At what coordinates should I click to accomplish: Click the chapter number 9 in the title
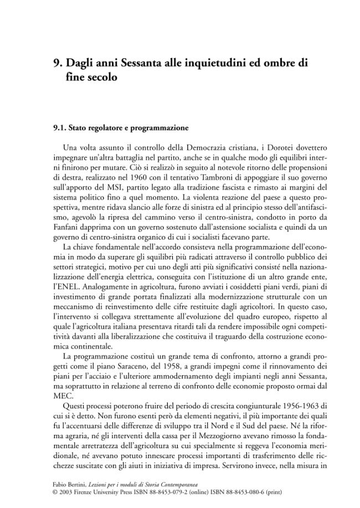point(56,63)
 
